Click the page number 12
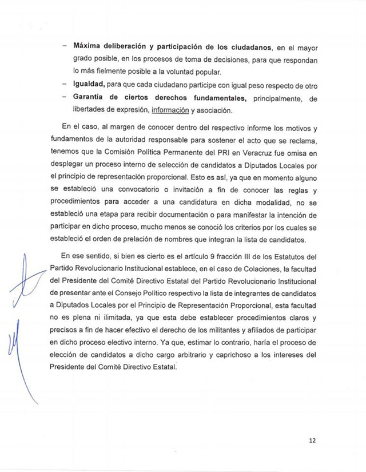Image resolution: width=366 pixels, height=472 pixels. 312,440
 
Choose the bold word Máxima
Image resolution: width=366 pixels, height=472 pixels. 88,47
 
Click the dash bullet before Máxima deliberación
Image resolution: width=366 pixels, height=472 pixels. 65,47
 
